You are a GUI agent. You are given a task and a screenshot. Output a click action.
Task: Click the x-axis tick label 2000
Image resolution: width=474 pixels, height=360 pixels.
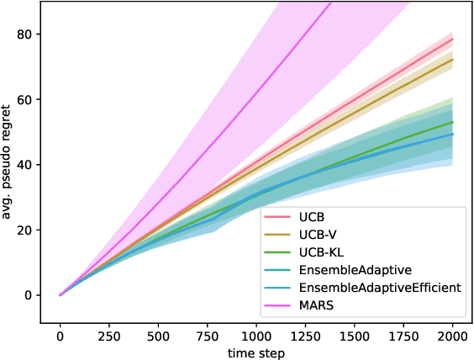(x=453, y=336)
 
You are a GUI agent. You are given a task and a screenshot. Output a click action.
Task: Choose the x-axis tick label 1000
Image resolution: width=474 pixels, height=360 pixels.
(x=256, y=336)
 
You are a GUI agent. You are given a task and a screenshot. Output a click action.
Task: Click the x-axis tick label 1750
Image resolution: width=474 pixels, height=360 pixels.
(x=404, y=336)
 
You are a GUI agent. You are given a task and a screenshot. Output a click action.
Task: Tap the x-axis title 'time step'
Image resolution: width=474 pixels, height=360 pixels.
(x=256, y=352)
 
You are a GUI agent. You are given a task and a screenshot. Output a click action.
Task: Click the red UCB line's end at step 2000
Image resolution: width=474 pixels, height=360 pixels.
(x=453, y=39)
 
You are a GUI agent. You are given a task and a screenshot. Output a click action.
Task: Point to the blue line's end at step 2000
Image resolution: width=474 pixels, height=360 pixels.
(x=453, y=135)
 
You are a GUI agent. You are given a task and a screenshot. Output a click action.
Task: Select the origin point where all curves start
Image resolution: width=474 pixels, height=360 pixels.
(x=60, y=295)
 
